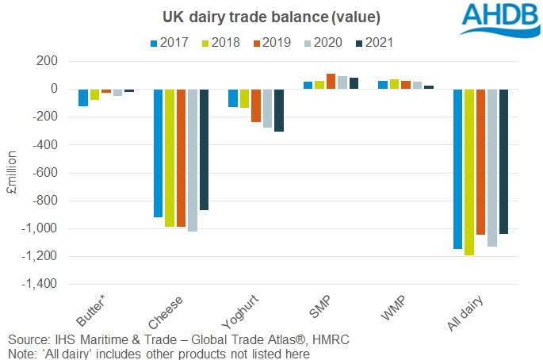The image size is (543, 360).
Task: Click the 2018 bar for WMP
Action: click(394, 84)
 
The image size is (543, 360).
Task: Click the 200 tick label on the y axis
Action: click(48, 61)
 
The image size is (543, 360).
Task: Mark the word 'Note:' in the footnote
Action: click(23, 353)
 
